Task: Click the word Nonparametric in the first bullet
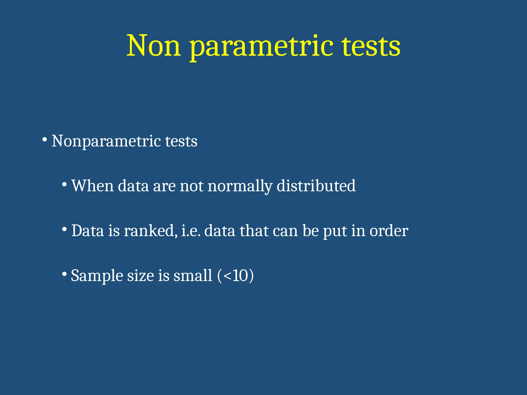coord(106,141)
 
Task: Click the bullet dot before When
coord(64,184)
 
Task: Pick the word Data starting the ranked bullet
coord(87,230)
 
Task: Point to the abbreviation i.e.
coord(191,230)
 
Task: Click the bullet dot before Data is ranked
coord(64,229)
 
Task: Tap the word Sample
coord(97,276)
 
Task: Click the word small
coord(193,275)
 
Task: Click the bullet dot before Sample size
coord(64,274)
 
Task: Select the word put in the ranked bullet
coord(335,231)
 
